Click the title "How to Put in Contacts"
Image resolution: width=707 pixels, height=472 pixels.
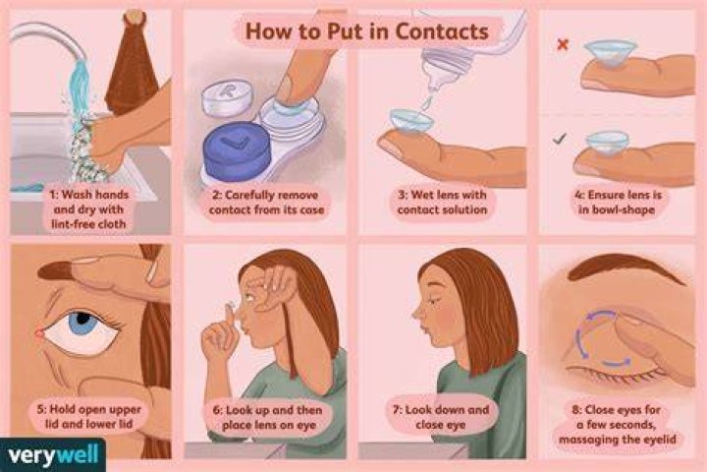pyautogui.click(x=366, y=31)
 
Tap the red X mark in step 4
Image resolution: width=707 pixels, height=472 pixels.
pyautogui.click(x=563, y=44)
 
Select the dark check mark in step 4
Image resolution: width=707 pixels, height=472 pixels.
pyautogui.click(x=560, y=139)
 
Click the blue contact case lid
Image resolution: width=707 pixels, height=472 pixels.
pyautogui.click(x=237, y=151)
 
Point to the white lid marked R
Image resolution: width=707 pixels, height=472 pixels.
pyautogui.click(x=227, y=98)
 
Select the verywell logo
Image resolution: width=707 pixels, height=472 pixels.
pyautogui.click(x=53, y=455)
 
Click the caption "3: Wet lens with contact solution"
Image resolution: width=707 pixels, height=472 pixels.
pyautogui.click(x=442, y=202)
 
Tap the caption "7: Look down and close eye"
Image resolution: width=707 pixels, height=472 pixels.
pyautogui.click(x=441, y=417)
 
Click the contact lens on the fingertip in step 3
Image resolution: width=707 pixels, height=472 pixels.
pyautogui.click(x=411, y=121)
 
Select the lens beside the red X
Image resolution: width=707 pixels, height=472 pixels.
pyautogui.click(x=611, y=52)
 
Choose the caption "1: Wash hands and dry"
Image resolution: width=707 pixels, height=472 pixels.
pyautogui.click(x=88, y=202)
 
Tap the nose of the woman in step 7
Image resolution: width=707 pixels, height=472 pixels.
pyautogui.click(x=416, y=312)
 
